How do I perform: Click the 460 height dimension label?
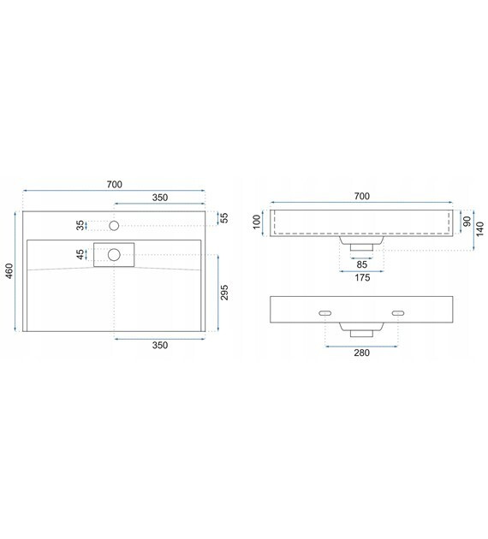[x=9, y=271]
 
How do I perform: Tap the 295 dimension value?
[x=224, y=293]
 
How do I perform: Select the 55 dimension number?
[x=224, y=218]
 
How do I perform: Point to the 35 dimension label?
[x=80, y=226]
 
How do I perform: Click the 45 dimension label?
[x=80, y=255]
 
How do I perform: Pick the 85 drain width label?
[x=361, y=264]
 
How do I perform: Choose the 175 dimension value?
[x=362, y=277]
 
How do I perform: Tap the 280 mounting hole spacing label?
[x=362, y=352]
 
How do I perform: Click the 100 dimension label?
[x=257, y=222]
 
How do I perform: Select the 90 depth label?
[x=467, y=222]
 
